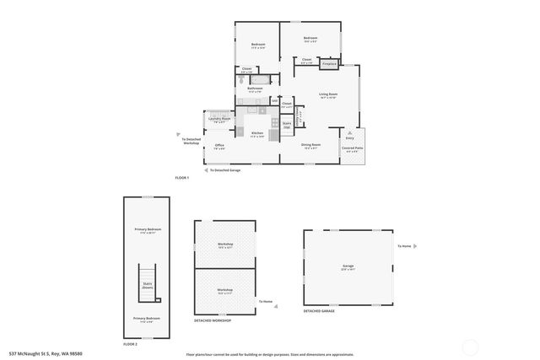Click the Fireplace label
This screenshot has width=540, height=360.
pos(329,63)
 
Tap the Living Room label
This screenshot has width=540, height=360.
pos(327,94)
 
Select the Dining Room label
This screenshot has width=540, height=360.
pos(310,144)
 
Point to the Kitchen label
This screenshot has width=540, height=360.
pos(257,134)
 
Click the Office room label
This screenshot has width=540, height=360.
pos(219,145)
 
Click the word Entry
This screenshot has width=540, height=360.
pos(349,137)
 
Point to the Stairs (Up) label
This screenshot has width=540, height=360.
pos(286,124)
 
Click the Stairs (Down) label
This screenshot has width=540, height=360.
pos(147,284)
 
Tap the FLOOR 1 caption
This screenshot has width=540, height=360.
pos(181,178)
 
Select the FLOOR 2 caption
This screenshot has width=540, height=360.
pos(130,344)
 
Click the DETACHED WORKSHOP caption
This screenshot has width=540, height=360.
pos(212,320)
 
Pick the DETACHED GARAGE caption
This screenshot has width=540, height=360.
pos(319,311)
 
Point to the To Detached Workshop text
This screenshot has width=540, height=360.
pos(192,141)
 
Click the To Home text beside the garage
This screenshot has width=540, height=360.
pos(405,246)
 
